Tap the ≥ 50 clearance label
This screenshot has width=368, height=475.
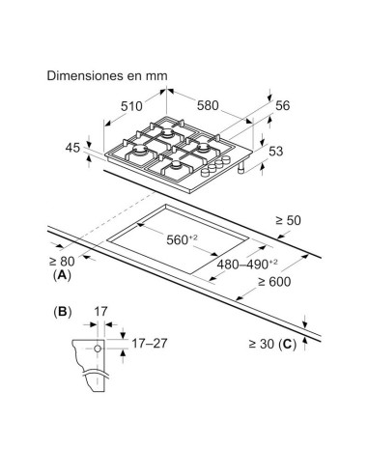289,221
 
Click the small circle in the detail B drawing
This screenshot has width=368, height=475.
98,349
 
